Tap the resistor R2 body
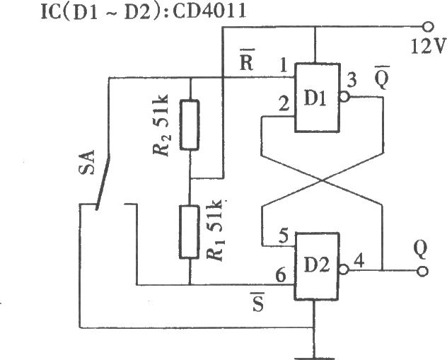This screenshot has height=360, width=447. click(190, 124)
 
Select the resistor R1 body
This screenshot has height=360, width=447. click(189, 232)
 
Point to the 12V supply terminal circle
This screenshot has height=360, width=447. click(427, 27)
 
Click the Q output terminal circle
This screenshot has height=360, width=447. click(422, 271)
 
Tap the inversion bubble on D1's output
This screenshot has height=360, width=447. click(344, 97)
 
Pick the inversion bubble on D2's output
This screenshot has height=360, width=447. click(344, 269)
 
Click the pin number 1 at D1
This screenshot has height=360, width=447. click(284, 66)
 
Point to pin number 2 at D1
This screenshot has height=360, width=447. click(284, 104)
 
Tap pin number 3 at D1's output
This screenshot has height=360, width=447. click(352, 81)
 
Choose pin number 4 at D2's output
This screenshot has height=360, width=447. click(359, 261)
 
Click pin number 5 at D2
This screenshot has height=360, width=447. click(284, 236)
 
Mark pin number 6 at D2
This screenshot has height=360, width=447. click(281, 275)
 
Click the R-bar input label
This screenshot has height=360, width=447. click(246, 60)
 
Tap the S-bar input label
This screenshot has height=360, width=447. click(257, 302)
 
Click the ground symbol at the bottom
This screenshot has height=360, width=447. click(313, 358)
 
